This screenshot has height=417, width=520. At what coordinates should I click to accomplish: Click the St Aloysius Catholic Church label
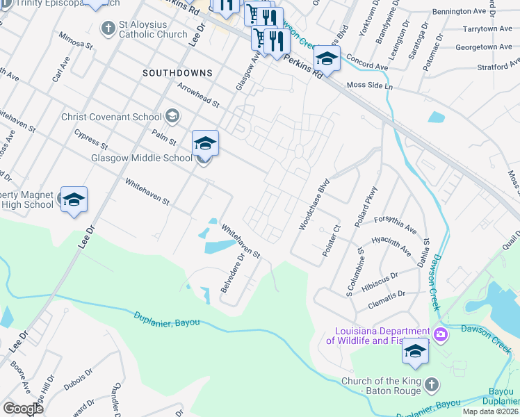click(x=153, y=28)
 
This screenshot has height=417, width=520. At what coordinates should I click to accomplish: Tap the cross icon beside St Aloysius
click(x=108, y=28)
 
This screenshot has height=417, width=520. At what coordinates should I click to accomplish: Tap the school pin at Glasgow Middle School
click(x=205, y=144)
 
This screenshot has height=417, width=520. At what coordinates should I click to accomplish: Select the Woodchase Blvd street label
click(x=314, y=206)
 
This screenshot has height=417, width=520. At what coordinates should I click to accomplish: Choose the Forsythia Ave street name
click(x=395, y=222)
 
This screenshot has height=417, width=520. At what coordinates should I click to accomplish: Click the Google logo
click(x=23, y=408)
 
